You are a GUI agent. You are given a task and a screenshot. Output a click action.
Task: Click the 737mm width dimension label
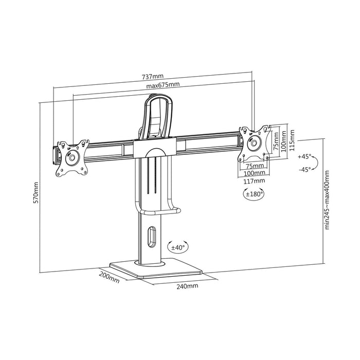click(x=153, y=77)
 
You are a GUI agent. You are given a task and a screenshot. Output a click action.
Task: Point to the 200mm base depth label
click(x=110, y=279)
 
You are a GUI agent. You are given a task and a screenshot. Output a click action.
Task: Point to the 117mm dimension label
click(x=256, y=181)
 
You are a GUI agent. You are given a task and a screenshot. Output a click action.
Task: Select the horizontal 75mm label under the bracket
click(x=253, y=166)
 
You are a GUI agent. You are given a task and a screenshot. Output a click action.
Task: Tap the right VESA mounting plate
click(x=254, y=142)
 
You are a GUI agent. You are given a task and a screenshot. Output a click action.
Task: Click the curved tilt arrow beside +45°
click(x=317, y=163)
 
